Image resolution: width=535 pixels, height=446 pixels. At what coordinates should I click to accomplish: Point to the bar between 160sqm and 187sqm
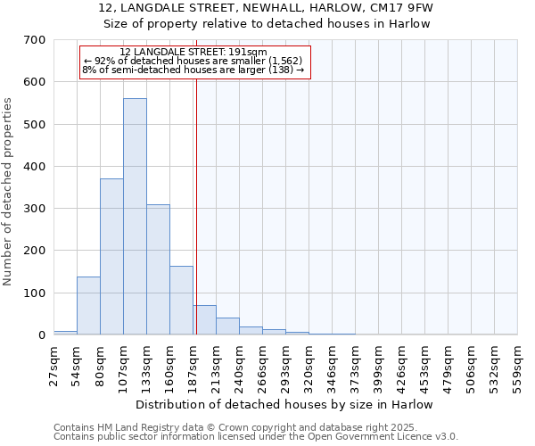181,301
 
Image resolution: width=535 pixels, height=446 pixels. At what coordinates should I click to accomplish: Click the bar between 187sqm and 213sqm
204,320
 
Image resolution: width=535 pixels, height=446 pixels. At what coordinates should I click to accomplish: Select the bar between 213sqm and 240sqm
227,326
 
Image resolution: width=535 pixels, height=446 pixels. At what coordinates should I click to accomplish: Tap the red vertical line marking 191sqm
196,223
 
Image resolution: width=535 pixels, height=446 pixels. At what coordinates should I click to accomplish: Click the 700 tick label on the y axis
36,40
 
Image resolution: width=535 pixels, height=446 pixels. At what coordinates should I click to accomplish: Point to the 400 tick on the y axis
36,167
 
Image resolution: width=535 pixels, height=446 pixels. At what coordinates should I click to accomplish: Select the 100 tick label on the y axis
36,293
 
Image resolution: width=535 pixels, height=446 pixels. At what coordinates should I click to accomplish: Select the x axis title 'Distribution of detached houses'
284,404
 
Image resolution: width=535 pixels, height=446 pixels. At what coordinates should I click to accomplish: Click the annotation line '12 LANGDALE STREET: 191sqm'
193,53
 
